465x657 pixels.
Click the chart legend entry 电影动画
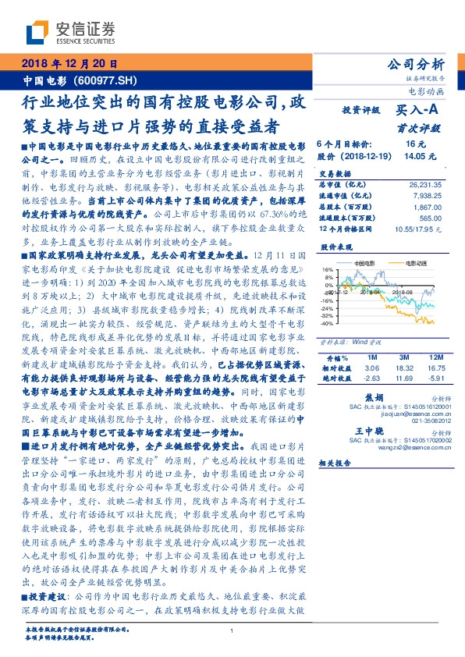pyautogui.click(x=406, y=265)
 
